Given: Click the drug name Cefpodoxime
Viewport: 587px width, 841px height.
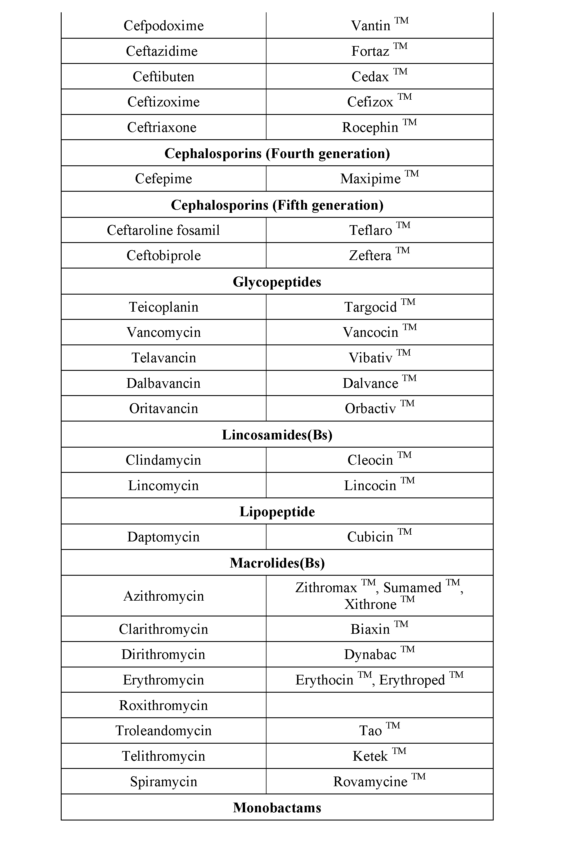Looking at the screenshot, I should point(163,26).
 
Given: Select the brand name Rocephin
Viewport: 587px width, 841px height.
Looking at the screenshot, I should point(370,128).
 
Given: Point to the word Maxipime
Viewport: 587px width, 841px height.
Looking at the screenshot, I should point(370,179).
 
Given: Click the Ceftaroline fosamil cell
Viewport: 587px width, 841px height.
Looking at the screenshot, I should point(163,230).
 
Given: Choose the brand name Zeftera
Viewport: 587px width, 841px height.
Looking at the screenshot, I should point(370,256).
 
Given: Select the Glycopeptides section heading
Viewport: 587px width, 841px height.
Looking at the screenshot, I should point(277,282).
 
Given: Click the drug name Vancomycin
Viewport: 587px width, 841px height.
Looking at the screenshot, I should point(163,332).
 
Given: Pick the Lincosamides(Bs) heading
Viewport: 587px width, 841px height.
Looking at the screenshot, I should point(277,434).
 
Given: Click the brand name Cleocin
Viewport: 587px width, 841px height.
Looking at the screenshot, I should point(370,460).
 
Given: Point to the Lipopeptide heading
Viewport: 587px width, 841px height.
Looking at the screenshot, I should point(277,512).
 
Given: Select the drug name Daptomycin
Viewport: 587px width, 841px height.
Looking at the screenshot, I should point(163,537).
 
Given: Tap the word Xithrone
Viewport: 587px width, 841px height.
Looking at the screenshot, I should point(370,604).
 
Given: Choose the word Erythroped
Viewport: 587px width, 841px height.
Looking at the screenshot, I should point(412,680).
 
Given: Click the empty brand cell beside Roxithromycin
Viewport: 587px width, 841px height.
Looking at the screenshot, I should point(379,705).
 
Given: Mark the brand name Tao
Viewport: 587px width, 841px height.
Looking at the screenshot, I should point(370,731).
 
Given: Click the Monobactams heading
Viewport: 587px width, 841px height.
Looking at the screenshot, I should point(277,808).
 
